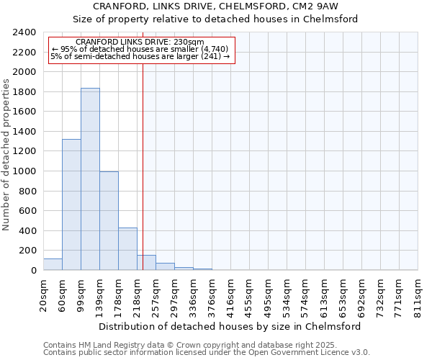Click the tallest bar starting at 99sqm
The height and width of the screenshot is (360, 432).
[90, 179]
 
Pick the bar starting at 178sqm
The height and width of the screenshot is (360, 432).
[127, 249]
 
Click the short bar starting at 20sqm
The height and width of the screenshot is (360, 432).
[53, 264]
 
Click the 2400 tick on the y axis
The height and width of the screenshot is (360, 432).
[25, 32]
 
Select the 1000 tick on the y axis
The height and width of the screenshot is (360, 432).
[25, 171]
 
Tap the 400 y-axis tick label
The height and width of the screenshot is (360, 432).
[28, 231]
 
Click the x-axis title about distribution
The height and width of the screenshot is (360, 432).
[230, 326]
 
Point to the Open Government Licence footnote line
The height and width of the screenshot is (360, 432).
[207, 353]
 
